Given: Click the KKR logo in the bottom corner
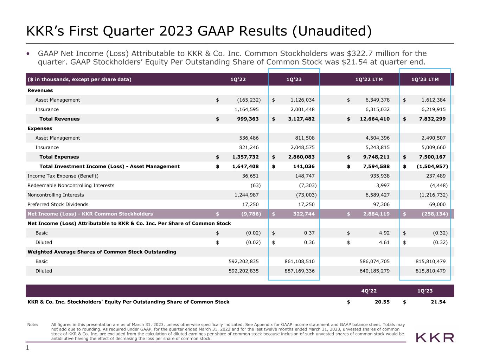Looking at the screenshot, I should [x=435, y=338].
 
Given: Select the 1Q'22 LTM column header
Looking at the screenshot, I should [x=369, y=79].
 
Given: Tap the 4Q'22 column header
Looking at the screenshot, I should [x=369, y=291].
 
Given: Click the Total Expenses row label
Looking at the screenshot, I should [x=59, y=157].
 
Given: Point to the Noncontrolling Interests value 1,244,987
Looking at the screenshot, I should [x=247, y=195].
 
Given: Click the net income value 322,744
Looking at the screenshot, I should [x=304, y=214].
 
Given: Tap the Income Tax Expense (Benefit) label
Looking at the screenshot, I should [x=63, y=176].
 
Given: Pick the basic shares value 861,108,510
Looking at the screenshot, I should [x=300, y=261].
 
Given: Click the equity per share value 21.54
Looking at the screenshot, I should [x=438, y=302].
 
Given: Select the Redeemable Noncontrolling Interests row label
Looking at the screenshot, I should [x=71, y=185].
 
